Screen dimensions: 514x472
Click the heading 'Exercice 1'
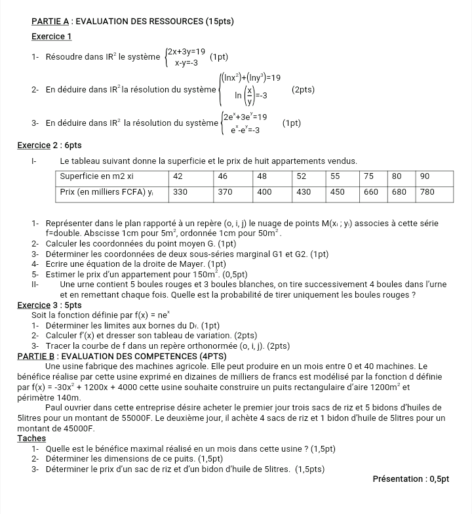[52, 36]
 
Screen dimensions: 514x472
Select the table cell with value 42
[178, 176]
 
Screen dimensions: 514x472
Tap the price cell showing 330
[180, 191]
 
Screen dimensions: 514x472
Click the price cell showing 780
[427, 191]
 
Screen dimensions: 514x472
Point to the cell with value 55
[335, 176]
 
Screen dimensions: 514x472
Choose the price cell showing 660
[372, 191]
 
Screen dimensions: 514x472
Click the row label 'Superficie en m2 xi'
[97, 176]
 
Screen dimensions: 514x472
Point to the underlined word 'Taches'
[31, 438]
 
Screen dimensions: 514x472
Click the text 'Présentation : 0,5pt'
[410, 479]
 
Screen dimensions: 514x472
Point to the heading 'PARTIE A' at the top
[53, 22]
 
